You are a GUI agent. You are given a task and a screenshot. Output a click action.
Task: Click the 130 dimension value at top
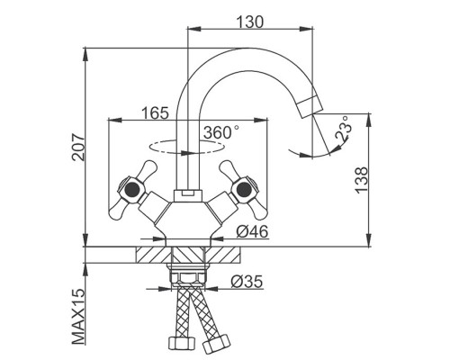pyautogui.click(x=250, y=22)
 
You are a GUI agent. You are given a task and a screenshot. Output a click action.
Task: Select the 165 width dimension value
pyautogui.click(x=155, y=113)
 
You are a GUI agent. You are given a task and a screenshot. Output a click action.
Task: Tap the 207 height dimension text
pyautogui.click(x=79, y=148)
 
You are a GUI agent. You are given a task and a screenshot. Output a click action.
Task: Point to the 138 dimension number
pyautogui.click(x=361, y=180)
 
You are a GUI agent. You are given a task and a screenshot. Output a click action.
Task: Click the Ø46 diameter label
pyautogui.click(x=252, y=232)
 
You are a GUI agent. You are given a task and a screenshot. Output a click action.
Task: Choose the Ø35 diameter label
pyautogui.click(x=247, y=282)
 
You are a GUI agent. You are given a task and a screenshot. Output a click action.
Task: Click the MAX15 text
pyautogui.click(x=78, y=317)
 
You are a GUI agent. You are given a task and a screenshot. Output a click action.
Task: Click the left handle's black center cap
pyautogui.click(x=131, y=189)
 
